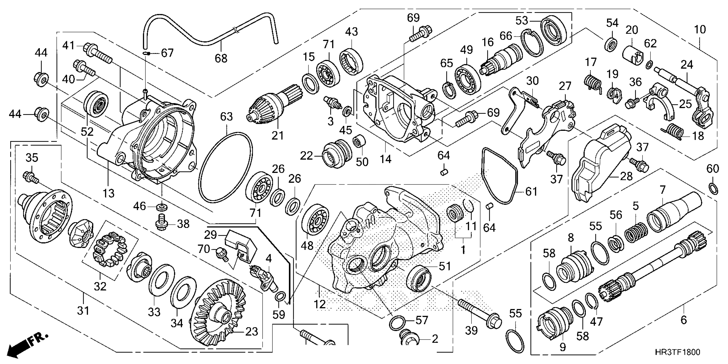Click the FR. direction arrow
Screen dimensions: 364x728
coord(27,345)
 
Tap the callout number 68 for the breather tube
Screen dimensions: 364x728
coord(221,58)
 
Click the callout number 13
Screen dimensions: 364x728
coord(109,193)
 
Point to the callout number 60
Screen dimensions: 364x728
coord(712,169)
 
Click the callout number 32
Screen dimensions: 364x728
coord(100,286)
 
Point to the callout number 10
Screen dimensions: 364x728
coord(700,29)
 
